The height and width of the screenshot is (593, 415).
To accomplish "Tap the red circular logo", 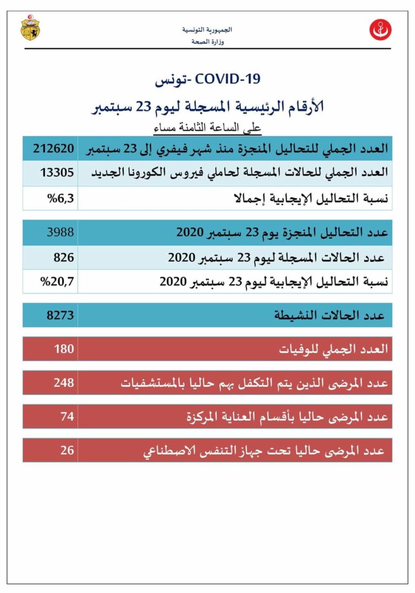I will (x=380, y=30).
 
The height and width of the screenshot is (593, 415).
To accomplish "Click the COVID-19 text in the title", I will (x=227, y=79).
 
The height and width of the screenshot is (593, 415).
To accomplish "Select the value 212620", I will (x=54, y=148).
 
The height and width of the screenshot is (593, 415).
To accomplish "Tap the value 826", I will (x=64, y=257).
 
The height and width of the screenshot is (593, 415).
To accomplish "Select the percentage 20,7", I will (x=59, y=281).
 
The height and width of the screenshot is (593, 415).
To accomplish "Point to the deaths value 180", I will (x=64, y=349).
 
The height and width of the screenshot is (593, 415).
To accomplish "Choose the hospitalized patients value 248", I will (x=64, y=383).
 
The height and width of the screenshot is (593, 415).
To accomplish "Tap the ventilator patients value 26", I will (x=67, y=450).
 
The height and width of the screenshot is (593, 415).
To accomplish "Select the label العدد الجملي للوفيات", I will (x=333, y=349).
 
